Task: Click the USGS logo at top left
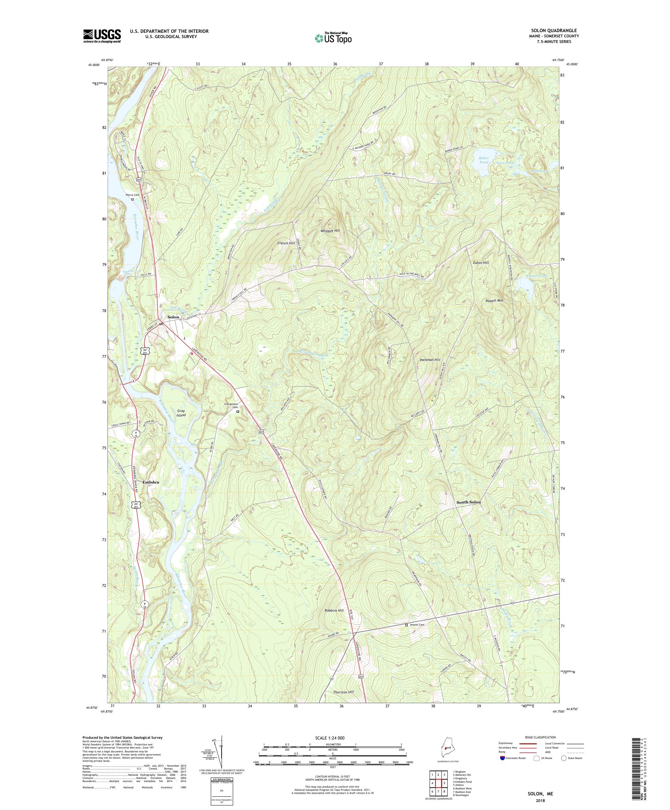tap(102, 36)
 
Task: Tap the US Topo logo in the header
tap(333, 38)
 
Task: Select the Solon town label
tap(173, 317)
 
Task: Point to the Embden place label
tap(151, 482)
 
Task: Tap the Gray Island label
tap(181, 413)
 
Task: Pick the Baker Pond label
tap(483, 160)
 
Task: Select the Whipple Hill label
tap(330, 231)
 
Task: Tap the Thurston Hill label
tap(343, 692)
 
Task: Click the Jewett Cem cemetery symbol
tap(406, 636)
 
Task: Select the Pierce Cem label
tap(133, 195)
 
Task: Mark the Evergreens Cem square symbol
tap(238, 412)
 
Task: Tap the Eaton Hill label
tap(481, 263)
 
